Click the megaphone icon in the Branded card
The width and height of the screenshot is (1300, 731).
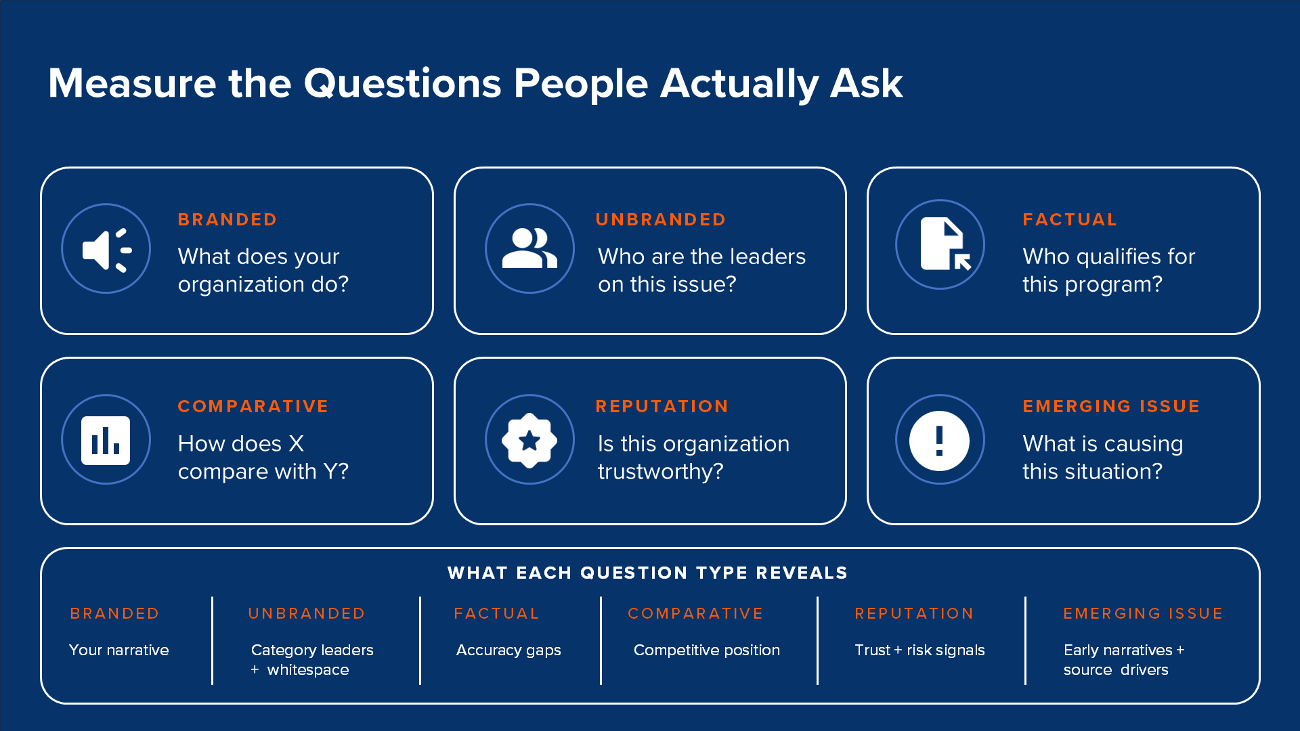click(x=107, y=250)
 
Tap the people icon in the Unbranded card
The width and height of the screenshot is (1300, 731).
click(x=529, y=248)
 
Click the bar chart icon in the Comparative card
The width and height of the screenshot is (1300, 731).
click(x=106, y=441)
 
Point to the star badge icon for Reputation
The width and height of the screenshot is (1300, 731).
click(x=529, y=441)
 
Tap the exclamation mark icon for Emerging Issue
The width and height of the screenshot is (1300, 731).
click(x=939, y=441)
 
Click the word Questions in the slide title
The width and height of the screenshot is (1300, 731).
click(x=402, y=85)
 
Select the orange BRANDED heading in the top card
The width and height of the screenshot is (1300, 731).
click(x=227, y=219)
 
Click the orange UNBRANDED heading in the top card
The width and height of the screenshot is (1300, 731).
click(x=661, y=219)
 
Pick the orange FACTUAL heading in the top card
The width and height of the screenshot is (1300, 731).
click(x=1070, y=219)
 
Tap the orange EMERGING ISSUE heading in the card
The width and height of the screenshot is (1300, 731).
click(x=1111, y=406)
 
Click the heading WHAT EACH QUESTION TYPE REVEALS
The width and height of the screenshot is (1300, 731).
click(x=647, y=573)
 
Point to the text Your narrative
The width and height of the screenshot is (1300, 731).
click(x=119, y=650)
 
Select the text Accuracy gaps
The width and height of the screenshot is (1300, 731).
click(x=508, y=650)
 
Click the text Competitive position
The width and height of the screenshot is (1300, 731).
click(x=707, y=650)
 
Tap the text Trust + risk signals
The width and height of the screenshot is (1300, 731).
click(x=919, y=650)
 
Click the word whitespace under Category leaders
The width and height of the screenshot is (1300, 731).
click(x=308, y=670)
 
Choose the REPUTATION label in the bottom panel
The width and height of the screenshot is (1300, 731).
click(x=914, y=613)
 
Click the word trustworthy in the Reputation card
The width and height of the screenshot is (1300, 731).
click(x=654, y=472)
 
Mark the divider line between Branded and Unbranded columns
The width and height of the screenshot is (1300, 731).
click(x=213, y=640)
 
